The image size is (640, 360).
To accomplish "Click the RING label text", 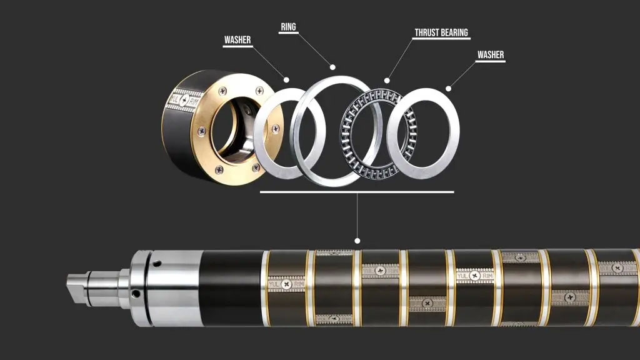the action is [x=288, y=27].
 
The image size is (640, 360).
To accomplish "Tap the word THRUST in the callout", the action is [x=426, y=32].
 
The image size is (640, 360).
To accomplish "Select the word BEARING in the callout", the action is [x=455, y=32].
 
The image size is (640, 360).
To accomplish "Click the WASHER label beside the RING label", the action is [x=237, y=40].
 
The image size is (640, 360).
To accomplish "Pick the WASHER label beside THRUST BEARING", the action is [x=491, y=55].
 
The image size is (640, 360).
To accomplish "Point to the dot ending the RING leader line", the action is [x=332, y=67].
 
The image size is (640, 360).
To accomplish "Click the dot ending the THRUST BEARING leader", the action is [x=387, y=81].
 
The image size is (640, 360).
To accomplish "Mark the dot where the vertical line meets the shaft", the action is [x=357, y=241].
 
